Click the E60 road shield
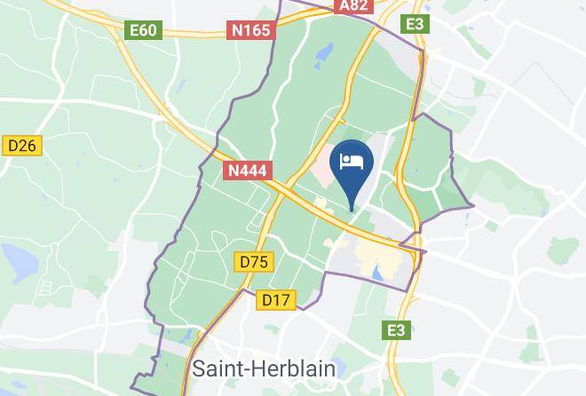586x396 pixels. click(x=143, y=30)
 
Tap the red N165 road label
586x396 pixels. click(x=251, y=30)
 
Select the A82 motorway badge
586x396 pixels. click(x=353, y=5)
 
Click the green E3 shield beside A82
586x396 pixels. click(x=415, y=24)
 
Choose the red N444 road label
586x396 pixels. click(x=247, y=170)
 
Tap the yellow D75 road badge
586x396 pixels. click(x=254, y=262)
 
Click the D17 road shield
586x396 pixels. click(x=276, y=300)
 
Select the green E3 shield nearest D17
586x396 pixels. click(x=396, y=330)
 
